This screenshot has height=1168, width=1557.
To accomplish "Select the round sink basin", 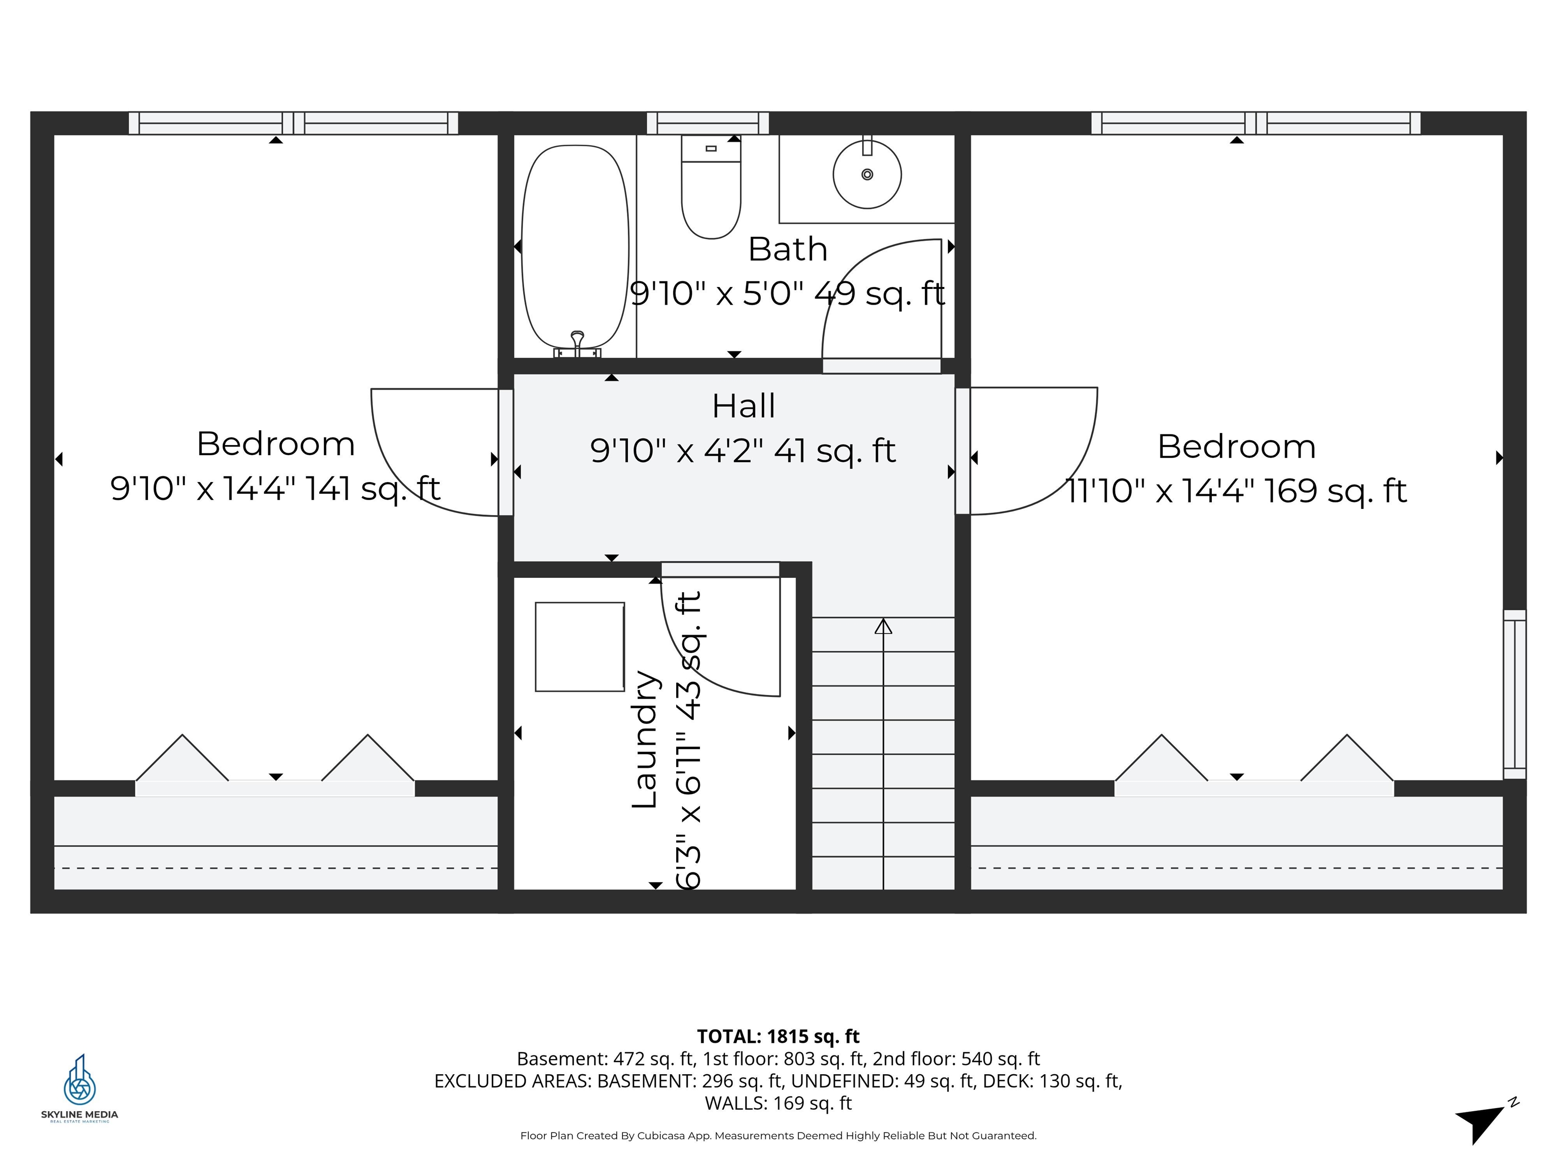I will [867, 174].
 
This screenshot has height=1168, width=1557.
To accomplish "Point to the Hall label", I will [744, 406].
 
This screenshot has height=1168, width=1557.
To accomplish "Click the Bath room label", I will [787, 249].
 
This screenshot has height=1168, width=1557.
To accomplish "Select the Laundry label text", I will [644, 739].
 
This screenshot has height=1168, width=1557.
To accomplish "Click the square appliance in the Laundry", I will [579, 646].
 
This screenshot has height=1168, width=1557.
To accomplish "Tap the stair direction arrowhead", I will [883, 626].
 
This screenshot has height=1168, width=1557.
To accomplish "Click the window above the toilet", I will [708, 123].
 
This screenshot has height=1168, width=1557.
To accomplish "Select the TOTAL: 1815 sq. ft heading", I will [778, 1036].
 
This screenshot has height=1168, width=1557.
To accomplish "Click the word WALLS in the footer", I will [736, 1103].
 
